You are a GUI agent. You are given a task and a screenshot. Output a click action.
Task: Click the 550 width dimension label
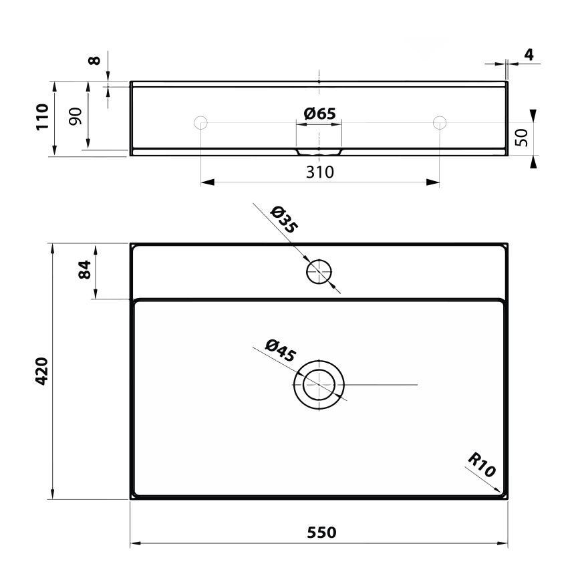tap(321, 533)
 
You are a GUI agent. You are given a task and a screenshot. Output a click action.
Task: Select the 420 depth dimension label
tap(41, 371)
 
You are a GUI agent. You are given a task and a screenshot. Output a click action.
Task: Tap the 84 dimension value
tap(84, 271)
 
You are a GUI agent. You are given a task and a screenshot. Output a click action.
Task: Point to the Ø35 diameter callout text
tap(284, 220)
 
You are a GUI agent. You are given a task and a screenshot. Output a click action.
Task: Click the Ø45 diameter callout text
tap(280, 350)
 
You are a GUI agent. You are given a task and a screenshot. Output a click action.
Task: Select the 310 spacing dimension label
tap(320, 172)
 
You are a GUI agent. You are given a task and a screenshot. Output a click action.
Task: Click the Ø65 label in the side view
tap(319, 114)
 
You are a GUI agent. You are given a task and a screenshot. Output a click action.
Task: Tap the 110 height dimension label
tap(41, 118)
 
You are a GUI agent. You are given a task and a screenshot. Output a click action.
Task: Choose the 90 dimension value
tap(75, 116)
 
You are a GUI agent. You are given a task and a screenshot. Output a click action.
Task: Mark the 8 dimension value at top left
tap(95, 60)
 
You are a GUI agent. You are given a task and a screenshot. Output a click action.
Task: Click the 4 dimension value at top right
tap(529, 55)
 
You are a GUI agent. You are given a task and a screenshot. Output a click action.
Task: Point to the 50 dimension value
tap(523, 137)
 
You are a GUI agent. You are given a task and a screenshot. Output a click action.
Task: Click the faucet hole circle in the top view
tap(319, 271)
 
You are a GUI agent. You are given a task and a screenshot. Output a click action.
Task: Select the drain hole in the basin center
tap(319, 385)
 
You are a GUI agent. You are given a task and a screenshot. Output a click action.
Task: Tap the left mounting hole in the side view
tap(200, 122)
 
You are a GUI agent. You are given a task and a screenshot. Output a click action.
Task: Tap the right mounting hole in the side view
tap(439, 122)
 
